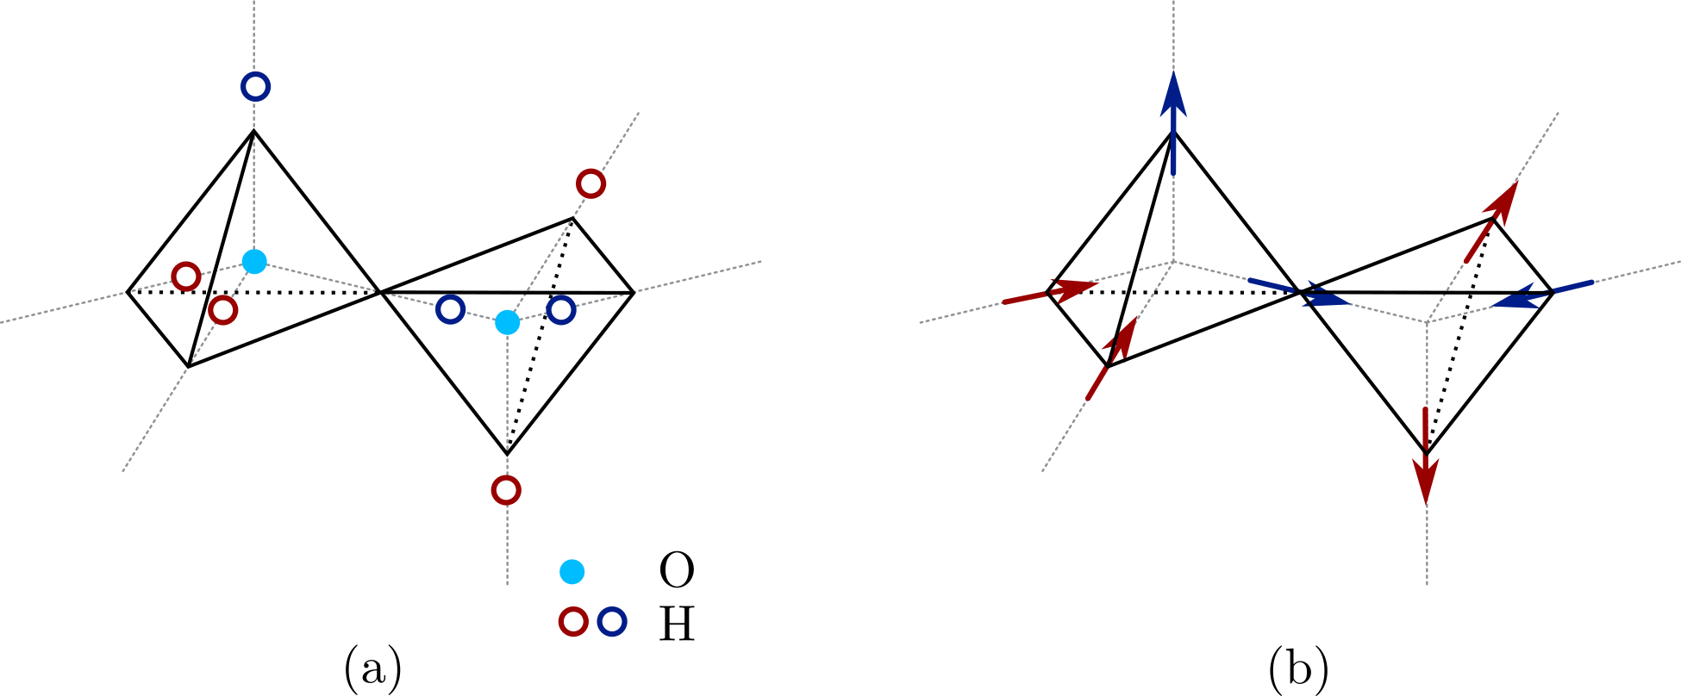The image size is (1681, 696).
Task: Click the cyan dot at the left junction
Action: click(x=254, y=261)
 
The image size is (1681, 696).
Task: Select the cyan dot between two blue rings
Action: click(x=508, y=322)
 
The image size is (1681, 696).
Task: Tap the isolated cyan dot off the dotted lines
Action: click(x=572, y=572)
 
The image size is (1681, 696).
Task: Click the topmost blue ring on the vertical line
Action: click(x=255, y=86)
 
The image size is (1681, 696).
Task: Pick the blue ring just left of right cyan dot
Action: click(x=450, y=309)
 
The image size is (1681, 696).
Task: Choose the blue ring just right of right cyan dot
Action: click(x=561, y=309)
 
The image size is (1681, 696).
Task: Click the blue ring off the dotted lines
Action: click(x=612, y=621)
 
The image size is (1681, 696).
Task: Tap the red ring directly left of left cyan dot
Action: click(x=186, y=277)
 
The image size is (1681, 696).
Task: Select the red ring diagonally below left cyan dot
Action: click(x=223, y=310)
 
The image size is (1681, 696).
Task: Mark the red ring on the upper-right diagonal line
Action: click(x=591, y=183)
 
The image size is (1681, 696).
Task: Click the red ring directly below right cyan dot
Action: click(x=506, y=490)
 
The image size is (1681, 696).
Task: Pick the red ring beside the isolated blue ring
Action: click(x=573, y=621)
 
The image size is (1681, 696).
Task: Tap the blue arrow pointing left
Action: click(x=1543, y=293)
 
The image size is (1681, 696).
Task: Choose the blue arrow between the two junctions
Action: click(x=1298, y=291)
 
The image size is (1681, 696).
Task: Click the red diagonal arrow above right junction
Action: click(x=1490, y=222)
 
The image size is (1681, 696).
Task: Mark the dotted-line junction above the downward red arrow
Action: click(x=1428, y=322)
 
